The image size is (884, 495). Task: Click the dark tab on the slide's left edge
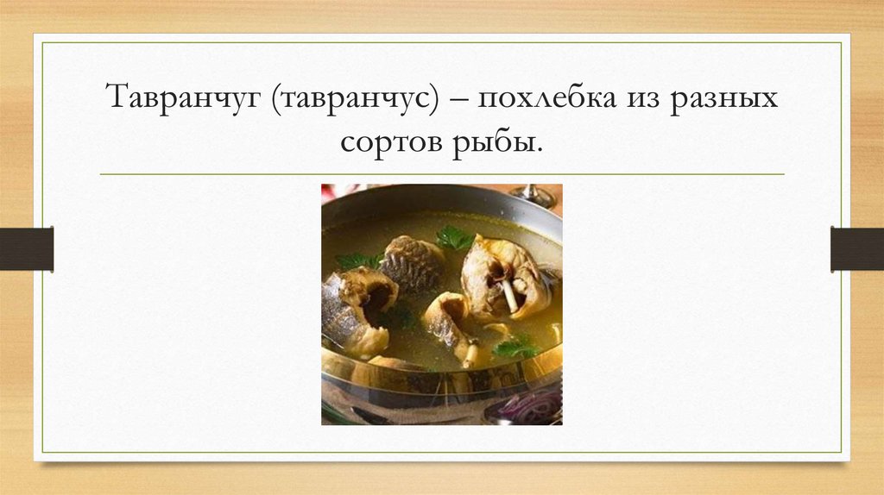coord(26,248)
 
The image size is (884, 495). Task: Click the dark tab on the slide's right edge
coord(857,248)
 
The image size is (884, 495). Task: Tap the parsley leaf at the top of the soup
coord(452,237)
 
